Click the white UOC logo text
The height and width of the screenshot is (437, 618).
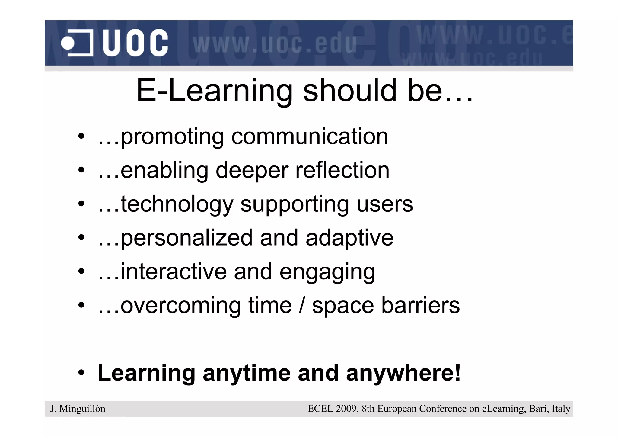coord(135,43)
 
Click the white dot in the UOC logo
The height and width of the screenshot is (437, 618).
coord(68,43)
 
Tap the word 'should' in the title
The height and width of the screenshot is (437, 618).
coord(350,90)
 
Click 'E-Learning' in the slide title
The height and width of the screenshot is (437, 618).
coord(215,91)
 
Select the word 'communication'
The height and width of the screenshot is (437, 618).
coord(310,137)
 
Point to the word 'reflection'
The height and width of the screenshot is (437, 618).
coord(342,170)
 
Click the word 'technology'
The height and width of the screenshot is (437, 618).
coord(177,205)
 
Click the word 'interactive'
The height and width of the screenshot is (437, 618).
coord(174,272)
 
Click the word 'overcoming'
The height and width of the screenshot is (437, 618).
coord(181,306)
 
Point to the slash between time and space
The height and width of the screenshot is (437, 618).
coord(302,305)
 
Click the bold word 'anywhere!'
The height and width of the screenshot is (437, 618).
coord(403,373)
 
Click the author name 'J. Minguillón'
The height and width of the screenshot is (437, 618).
coord(78,409)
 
